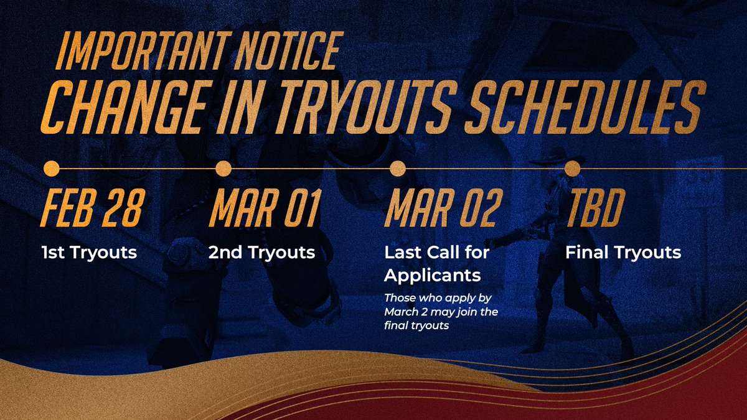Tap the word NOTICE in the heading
(x=294, y=50)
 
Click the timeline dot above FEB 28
(x=52, y=169)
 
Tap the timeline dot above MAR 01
(x=223, y=169)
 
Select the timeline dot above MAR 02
(x=397, y=169)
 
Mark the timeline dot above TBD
(x=573, y=169)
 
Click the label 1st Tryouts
(x=88, y=253)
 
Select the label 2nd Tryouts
(x=261, y=253)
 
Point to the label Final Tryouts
(x=623, y=253)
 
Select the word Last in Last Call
(x=399, y=253)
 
